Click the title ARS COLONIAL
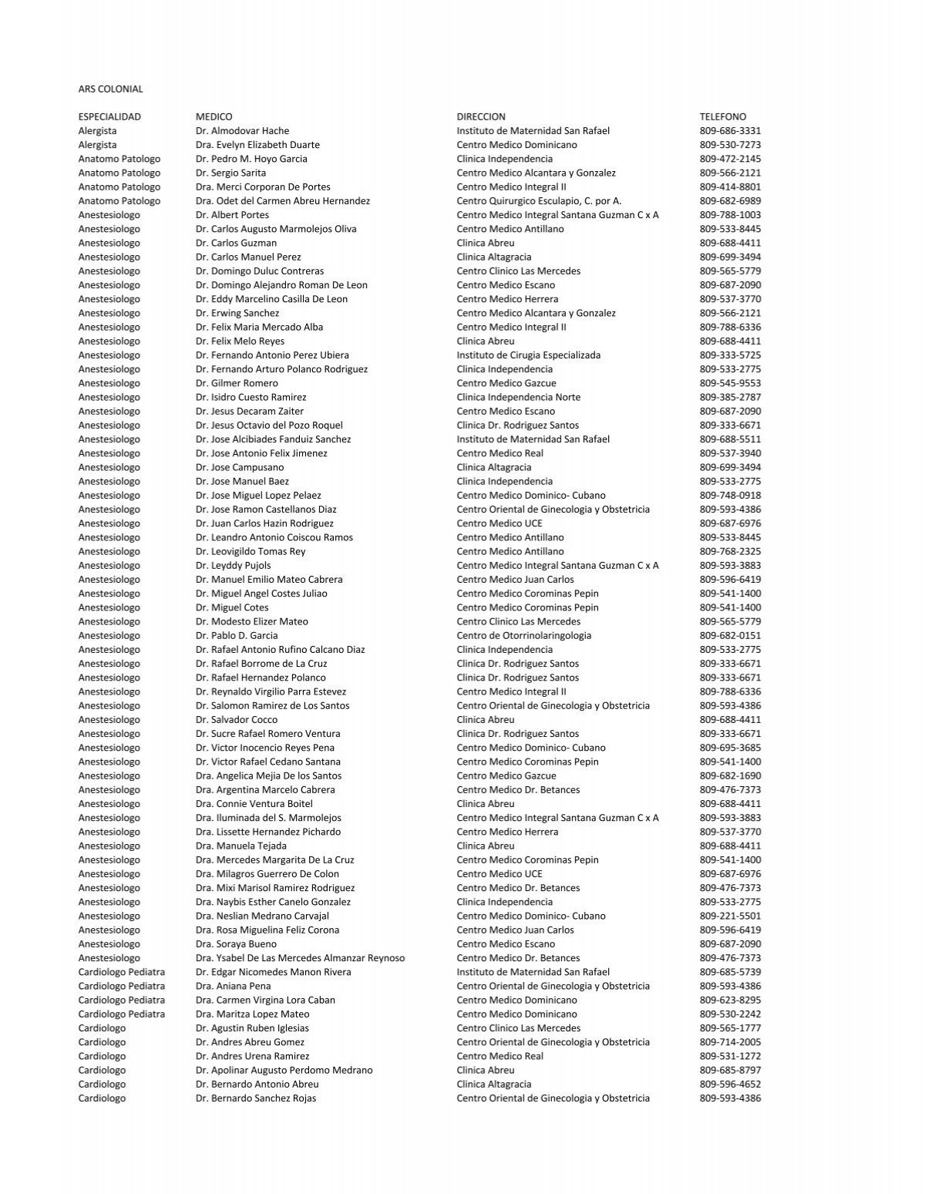pyautogui.click(x=110, y=89)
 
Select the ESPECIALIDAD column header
pyautogui.click(x=109, y=116)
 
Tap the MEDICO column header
pyautogui.click(x=214, y=116)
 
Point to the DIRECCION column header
pyautogui.click(x=481, y=116)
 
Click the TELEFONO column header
pyautogui.click(x=722, y=116)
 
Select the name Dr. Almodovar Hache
pyautogui.click(x=242, y=131)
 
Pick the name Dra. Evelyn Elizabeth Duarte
pyautogui.click(x=257, y=145)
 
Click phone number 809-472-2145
pyautogui.click(x=730, y=159)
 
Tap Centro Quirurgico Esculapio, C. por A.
pyautogui.click(x=539, y=201)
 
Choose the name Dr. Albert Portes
pyautogui.click(x=232, y=215)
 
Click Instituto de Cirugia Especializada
pyautogui.click(x=528, y=355)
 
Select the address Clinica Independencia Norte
pyautogui.click(x=518, y=397)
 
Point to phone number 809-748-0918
pyautogui.click(x=730, y=496)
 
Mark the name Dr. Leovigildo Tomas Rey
pyautogui.click(x=251, y=551)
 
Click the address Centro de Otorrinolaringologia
pyautogui.click(x=523, y=636)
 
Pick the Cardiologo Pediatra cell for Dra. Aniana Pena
pyautogui.click(x=121, y=986)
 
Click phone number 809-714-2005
pyautogui.click(x=730, y=1042)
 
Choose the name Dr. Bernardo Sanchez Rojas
pyautogui.click(x=255, y=1098)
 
